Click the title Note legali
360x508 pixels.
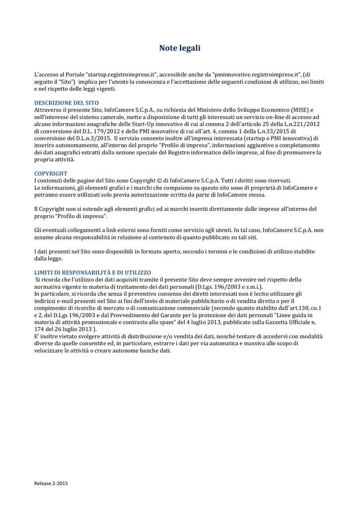pyautogui.click(x=180, y=48)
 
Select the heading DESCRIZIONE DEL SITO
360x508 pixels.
pyautogui.click(x=66, y=103)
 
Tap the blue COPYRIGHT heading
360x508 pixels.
pyautogui.click(x=51, y=174)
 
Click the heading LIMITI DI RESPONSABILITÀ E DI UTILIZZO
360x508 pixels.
pyautogui.click(x=92, y=272)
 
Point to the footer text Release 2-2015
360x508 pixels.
pyautogui.click(x=51, y=483)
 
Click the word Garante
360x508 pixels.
pyautogui.click(x=180, y=315)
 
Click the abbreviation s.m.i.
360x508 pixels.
pyautogui.click(x=249, y=287)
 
